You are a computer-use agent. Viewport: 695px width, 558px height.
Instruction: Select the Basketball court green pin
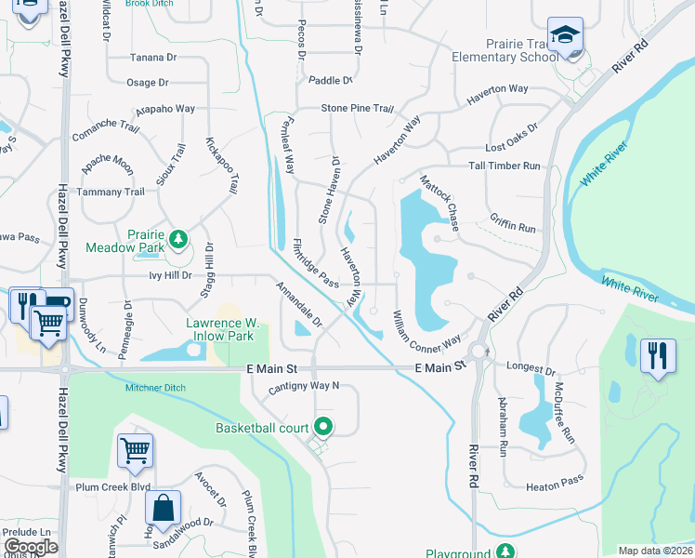click(323, 428)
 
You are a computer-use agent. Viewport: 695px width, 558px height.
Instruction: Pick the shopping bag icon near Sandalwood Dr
click(163, 509)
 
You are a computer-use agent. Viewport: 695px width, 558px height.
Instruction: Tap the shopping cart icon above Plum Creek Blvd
click(135, 451)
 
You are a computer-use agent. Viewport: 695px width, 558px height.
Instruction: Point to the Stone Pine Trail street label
click(358, 109)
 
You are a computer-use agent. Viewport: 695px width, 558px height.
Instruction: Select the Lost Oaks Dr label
click(512, 149)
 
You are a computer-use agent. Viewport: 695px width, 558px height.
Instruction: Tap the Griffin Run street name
click(513, 227)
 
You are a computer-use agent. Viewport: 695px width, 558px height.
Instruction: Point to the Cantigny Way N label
click(304, 385)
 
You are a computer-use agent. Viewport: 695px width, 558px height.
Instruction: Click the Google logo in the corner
click(31, 546)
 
